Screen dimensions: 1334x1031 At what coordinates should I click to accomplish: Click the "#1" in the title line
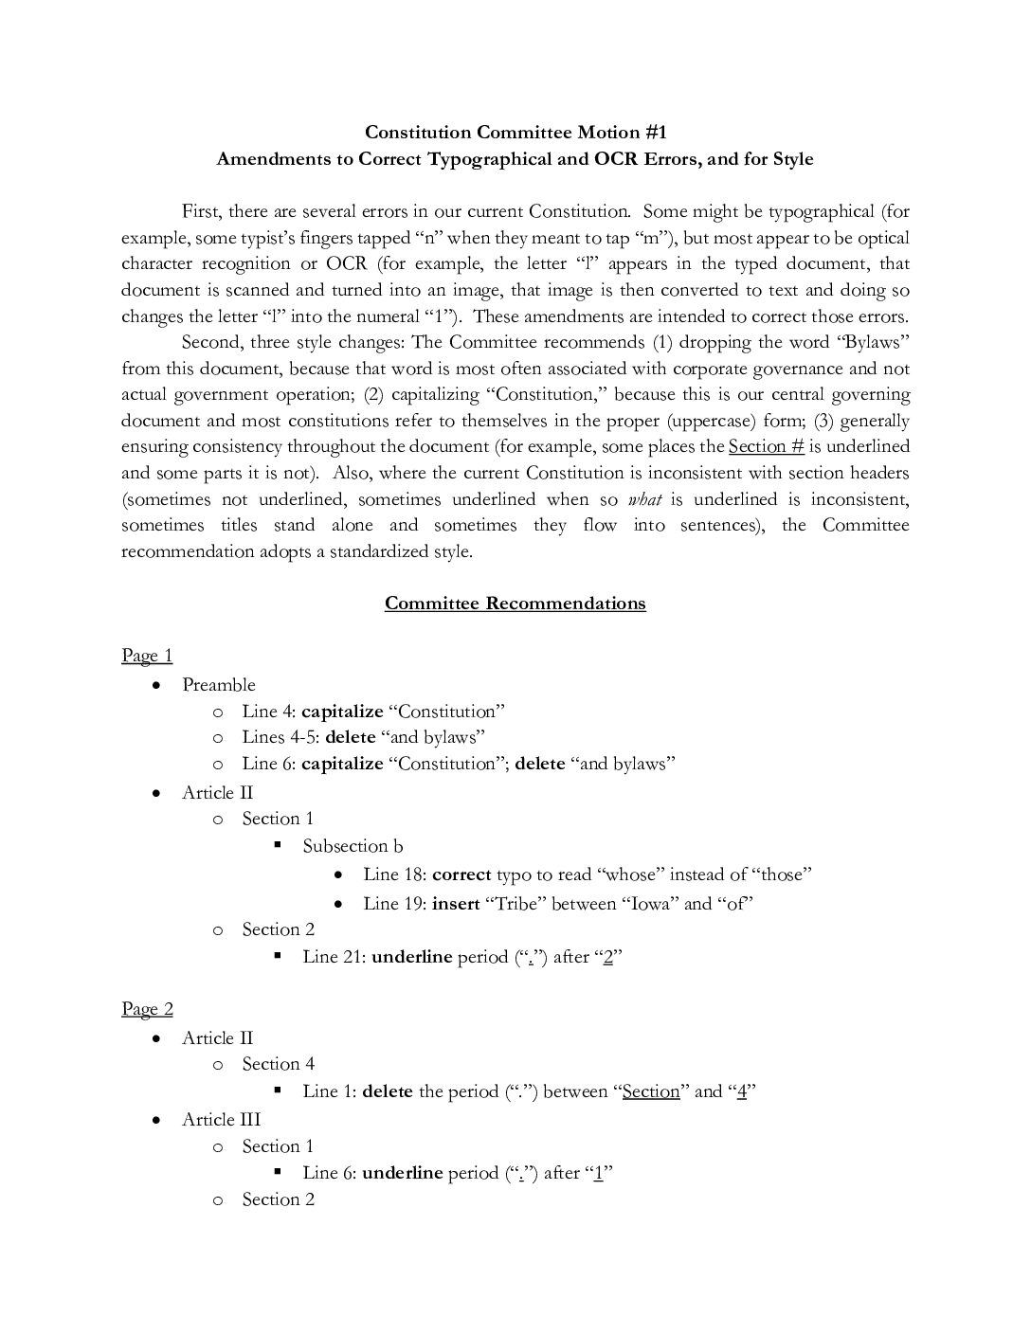tap(652, 132)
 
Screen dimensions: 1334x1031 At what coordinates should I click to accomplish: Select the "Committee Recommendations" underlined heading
tap(515, 604)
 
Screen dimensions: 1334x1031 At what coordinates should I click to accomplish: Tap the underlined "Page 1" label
tap(147, 656)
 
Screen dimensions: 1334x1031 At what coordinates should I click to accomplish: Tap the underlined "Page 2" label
tap(147, 1009)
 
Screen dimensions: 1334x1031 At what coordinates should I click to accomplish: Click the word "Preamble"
tap(219, 684)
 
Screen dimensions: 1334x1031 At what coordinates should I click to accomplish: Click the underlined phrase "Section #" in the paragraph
tap(766, 446)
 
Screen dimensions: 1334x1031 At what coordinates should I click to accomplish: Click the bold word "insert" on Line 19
tap(456, 903)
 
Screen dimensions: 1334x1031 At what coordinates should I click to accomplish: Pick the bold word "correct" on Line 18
tap(461, 874)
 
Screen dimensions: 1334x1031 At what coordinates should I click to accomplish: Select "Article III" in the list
tap(221, 1119)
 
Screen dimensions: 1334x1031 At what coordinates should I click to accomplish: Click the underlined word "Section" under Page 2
tap(651, 1091)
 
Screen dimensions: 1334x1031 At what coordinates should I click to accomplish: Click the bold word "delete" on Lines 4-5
tap(350, 736)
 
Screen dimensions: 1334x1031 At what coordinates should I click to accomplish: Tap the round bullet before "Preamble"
tap(157, 684)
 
